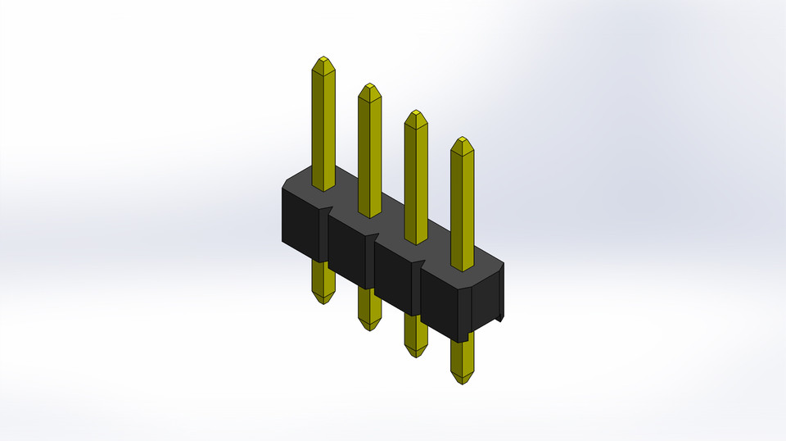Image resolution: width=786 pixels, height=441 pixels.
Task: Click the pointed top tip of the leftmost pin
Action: coord(323,59)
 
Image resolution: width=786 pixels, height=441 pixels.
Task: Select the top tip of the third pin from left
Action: coord(416,112)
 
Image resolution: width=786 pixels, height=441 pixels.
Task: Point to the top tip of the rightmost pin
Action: coord(463,139)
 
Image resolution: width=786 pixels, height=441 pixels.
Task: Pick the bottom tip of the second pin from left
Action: coord(369,329)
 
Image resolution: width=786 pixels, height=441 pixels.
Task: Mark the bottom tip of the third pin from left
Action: coord(416,356)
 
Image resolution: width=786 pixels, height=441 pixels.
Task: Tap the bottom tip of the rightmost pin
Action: coord(462,383)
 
